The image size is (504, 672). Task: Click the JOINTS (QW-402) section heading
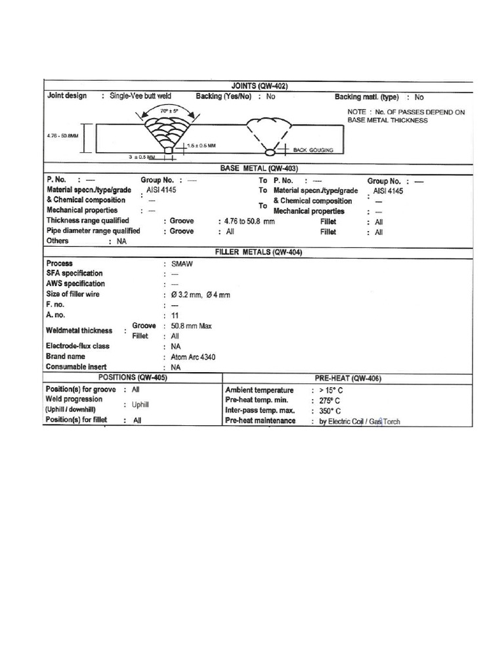tap(259, 86)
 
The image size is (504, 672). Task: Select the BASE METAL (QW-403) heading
tap(259, 169)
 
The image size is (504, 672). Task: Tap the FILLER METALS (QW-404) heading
tap(259, 252)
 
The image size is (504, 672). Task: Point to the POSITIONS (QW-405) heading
tap(133, 378)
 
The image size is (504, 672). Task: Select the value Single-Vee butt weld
tap(140, 96)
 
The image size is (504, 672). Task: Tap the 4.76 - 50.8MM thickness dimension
tap(63, 136)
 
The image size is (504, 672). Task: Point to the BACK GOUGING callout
tap(313, 150)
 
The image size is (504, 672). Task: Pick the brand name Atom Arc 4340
tap(193, 357)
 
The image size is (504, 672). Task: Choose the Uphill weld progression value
tap(140, 405)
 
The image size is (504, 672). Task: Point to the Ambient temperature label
tap(259, 390)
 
